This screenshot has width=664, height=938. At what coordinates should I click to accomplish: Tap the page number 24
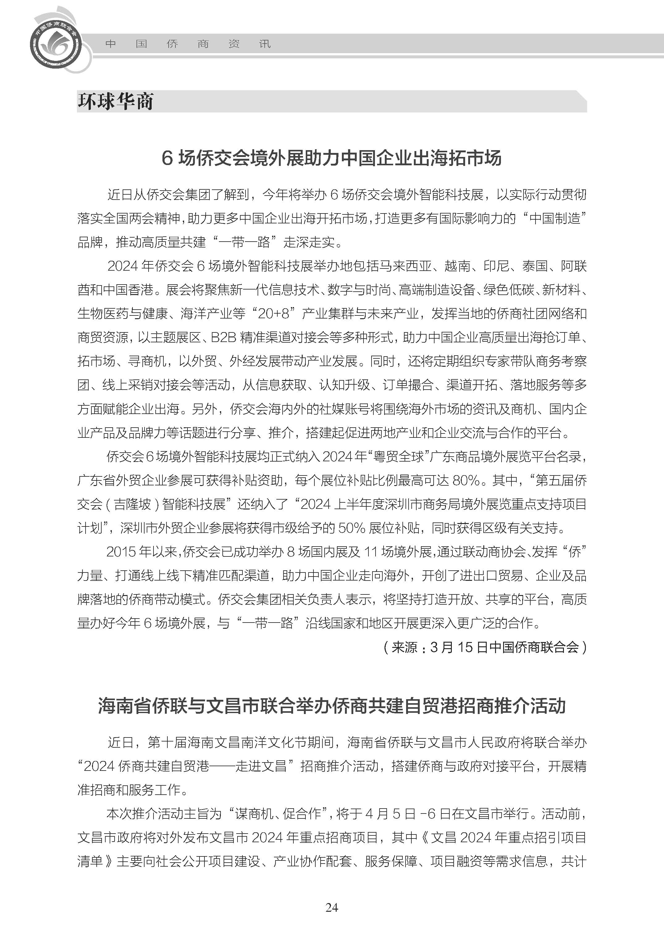pos(332,908)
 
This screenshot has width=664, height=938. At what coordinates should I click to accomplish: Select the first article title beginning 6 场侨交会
pos(332,158)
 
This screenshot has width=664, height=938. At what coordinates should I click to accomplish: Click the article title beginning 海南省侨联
pos(332,706)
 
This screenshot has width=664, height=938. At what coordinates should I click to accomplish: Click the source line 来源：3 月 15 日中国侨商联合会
pos(485,647)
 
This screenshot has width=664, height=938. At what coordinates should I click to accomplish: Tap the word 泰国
pos(534,266)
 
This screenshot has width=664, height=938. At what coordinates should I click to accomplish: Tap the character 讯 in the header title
pos(265,44)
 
